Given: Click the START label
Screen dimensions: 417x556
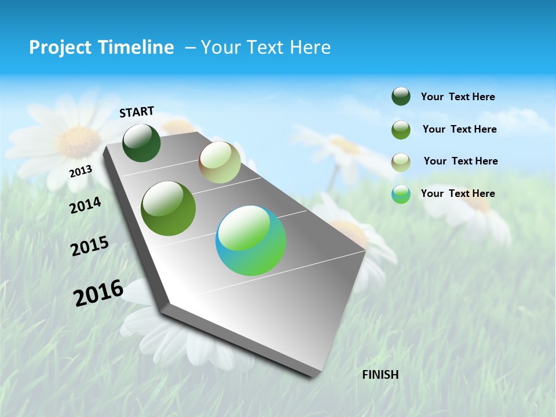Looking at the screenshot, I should pos(137,112).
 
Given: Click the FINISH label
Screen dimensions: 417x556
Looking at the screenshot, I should pos(380,375).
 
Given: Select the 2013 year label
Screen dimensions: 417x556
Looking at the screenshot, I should pos(81,171).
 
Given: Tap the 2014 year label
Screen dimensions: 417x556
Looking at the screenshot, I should pos(85,206).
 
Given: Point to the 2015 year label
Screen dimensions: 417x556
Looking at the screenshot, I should pos(90,246).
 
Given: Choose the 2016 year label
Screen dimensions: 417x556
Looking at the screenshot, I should pos(98,292).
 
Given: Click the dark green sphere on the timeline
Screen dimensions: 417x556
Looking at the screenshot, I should pos(141,143).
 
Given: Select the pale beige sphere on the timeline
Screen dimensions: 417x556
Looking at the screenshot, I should pos(220,162).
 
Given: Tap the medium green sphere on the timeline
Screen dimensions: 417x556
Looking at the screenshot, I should pos(169,209).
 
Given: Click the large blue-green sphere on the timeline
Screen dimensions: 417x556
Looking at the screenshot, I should pos(251,240).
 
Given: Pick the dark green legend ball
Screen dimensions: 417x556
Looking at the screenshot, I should pos(401,97).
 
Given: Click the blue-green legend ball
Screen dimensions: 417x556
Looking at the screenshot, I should pos(401,194).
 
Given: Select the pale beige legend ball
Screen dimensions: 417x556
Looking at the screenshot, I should pos(401,162).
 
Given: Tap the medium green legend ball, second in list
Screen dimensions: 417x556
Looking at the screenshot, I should pos(401,130).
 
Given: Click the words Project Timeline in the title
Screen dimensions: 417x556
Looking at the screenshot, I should pos(101,47).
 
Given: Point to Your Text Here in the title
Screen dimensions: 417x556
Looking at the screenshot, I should pos(265,47).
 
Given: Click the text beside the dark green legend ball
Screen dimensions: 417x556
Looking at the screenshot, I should pos(458,97).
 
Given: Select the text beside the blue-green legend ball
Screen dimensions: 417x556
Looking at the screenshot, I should pos(458,193).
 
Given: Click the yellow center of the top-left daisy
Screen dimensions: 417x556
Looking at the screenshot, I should pos(78,141).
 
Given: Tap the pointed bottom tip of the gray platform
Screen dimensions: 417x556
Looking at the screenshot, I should pos(313,376).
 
